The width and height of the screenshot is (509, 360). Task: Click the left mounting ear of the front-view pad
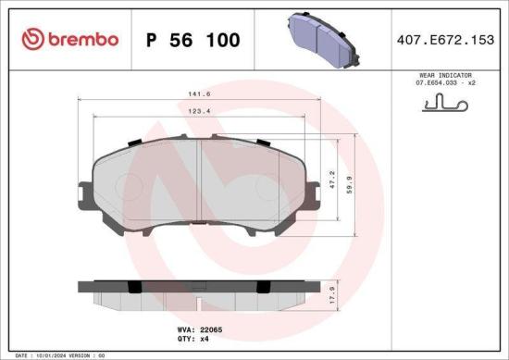(85, 195)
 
